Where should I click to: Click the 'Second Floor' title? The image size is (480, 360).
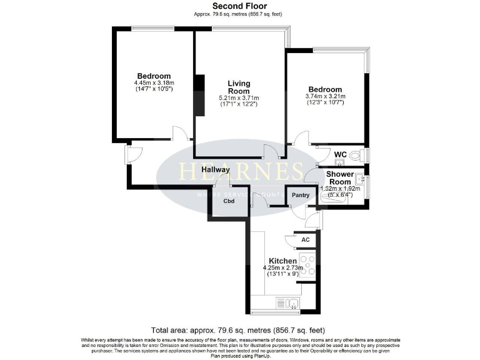(239, 6)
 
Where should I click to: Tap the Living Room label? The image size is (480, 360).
(239, 87)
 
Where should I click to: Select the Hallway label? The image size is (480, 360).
(216, 169)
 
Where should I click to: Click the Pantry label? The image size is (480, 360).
(301, 195)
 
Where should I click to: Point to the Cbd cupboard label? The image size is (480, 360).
(229, 202)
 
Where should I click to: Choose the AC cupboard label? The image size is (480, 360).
(306, 239)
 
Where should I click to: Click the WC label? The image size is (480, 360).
(340, 154)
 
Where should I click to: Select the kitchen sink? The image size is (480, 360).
(292, 304)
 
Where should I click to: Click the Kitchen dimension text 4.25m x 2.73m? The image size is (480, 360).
(282, 268)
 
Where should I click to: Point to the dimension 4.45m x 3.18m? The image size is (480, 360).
(154, 82)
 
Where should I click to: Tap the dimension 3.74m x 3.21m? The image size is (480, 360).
(325, 96)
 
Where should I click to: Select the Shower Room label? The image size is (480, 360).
(336, 177)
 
